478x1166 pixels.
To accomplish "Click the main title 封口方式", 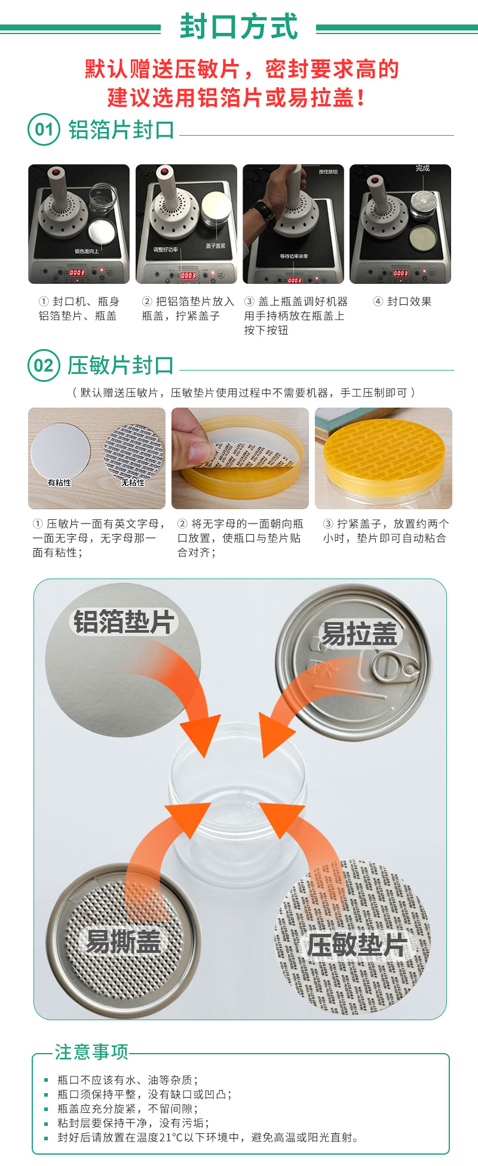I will coord(238,27).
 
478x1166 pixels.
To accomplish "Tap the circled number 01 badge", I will coord(44,129).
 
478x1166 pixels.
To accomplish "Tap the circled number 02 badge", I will coord(44,365).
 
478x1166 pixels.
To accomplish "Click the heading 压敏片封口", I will coord(120,365).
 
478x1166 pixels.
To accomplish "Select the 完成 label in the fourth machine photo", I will coord(422,169).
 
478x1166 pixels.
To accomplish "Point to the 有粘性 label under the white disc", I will coord(59,482).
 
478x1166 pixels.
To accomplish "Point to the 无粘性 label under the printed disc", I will coord(133,482).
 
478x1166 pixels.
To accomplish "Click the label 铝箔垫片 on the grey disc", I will coord(124,622).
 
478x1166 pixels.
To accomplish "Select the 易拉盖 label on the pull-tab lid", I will coord(359,634).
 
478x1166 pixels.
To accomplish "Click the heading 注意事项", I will coord(91,1052).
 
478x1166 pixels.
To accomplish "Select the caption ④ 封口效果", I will coord(402,302).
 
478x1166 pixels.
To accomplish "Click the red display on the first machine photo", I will coord(77,273).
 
